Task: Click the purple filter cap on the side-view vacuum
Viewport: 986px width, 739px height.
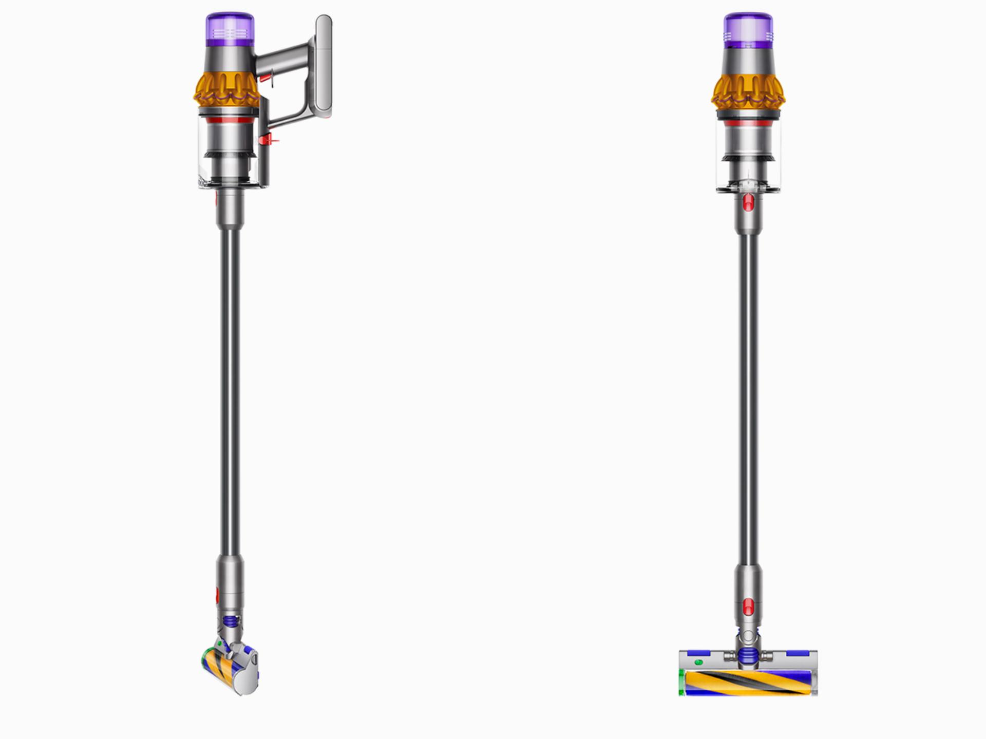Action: tap(230, 29)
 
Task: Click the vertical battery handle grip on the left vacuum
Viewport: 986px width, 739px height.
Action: tap(324, 64)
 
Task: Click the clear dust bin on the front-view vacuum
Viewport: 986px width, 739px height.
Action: tap(748, 154)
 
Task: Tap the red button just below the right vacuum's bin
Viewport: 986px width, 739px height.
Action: tap(748, 202)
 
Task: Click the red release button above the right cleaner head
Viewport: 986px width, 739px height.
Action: tap(748, 607)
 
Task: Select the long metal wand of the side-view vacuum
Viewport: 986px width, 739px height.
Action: tap(230, 390)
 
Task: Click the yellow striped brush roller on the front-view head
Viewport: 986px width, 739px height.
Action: tap(747, 682)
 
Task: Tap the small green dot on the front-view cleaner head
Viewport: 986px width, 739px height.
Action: tap(698, 662)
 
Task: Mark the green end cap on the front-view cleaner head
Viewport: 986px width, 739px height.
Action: tap(681, 683)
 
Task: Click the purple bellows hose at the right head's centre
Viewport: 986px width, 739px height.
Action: tap(748, 655)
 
